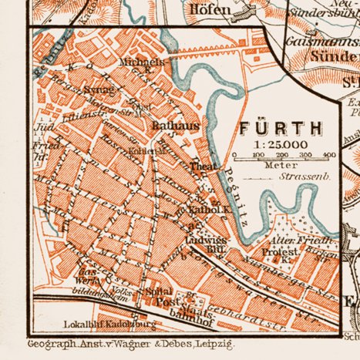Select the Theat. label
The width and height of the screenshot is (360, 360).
(x=202, y=166)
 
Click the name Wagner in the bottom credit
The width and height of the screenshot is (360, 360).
(x=154, y=344)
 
